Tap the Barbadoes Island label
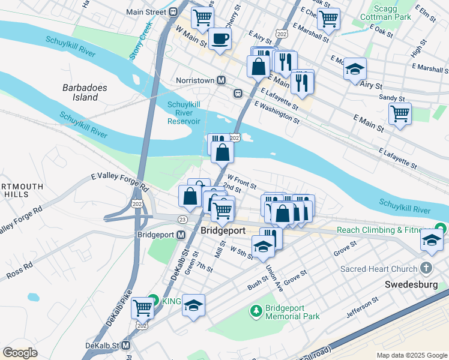click(85, 92)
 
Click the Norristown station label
click(195, 80)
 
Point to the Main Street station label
click(146, 11)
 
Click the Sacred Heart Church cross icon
click(426, 268)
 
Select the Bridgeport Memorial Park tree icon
click(256, 310)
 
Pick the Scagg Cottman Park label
click(391, 13)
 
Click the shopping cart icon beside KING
click(142, 308)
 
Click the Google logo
click(20, 352)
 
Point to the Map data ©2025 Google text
click(411, 355)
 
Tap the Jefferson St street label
click(362, 306)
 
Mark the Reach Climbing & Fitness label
click(384, 230)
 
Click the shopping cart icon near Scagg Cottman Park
click(328, 19)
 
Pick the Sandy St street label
click(390, 97)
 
